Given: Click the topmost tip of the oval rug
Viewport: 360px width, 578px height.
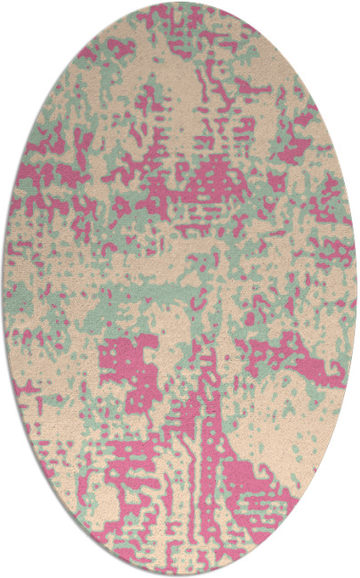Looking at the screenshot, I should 180,3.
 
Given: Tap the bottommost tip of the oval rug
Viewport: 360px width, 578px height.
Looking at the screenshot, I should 180,575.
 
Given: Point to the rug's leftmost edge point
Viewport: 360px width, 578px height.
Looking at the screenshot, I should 4,289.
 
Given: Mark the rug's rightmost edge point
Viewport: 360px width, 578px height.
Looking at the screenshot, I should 356,289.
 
